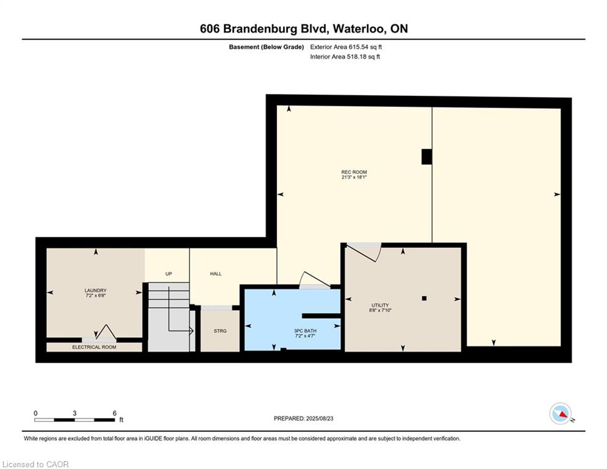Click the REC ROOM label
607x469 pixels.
pyautogui.click(x=354, y=172)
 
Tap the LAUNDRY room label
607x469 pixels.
pyautogui.click(x=95, y=290)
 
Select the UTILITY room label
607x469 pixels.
pyautogui.click(x=380, y=305)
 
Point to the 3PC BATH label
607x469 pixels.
pyautogui.click(x=305, y=330)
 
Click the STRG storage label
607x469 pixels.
pyautogui.click(x=220, y=331)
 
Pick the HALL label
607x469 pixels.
pyautogui.click(x=215, y=274)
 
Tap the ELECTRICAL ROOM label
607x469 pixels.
pyautogui.click(x=94, y=347)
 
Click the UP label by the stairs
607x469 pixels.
pyautogui.click(x=168, y=274)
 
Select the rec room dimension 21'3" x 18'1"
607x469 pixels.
pyautogui.click(x=354, y=177)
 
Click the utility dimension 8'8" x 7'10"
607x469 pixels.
pyautogui.click(x=380, y=310)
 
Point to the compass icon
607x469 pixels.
pyautogui.click(x=560, y=413)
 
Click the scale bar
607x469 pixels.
pyautogui.click(x=74, y=420)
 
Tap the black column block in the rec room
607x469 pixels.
pyautogui.click(x=426, y=157)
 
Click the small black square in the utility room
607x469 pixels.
pyautogui.click(x=424, y=299)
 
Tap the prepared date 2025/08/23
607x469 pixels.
pyautogui.click(x=320, y=418)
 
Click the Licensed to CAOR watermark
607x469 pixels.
pyautogui.click(x=35, y=464)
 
